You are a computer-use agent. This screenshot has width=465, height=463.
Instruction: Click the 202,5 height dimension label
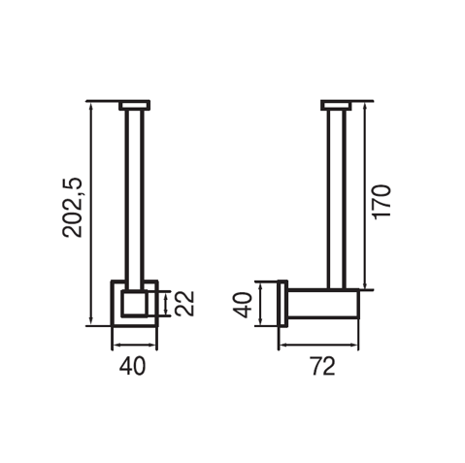click(x=73, y=208)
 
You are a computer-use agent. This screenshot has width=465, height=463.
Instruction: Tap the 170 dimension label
click(x=382, y=202)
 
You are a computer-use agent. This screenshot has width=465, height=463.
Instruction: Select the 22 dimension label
click(x=184, y=303)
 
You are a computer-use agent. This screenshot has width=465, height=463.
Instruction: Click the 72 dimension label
click(x=323, y=366)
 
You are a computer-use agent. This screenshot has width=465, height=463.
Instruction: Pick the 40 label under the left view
click(x=133, y=366)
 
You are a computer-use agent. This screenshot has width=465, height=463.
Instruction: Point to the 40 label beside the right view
click(x=243, y=305)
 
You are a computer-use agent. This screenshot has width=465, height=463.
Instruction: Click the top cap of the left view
click(x=134, y=106)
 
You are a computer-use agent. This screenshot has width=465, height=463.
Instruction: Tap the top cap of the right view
click(x=337, y=106)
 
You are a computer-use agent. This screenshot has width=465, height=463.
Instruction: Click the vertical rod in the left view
click(x=134, y=200)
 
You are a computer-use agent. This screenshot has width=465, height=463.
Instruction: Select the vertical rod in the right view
click(x=337, y=199)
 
